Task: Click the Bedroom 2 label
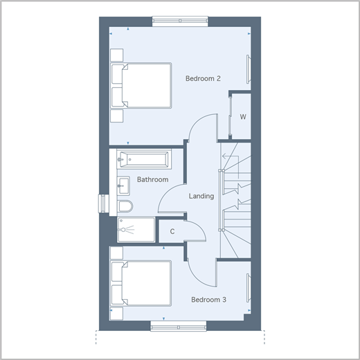coord(203,78)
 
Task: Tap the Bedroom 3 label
coord(208,300)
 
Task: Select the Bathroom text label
coord(152,179)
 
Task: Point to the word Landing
coord(201,196)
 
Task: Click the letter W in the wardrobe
coord(243,117)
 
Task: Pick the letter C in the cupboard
coord(172,231)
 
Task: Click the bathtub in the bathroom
coord(144,159)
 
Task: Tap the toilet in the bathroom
coord(125,206)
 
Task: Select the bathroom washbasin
coord(123,186)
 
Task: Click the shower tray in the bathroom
coord(136,230)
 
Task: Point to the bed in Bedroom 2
coord(141,85)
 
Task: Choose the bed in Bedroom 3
coord(141,283)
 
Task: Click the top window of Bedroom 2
coord(180,21)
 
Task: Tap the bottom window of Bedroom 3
coord(179,327)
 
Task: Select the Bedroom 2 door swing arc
coord(197,120)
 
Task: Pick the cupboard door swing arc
coord(199,227)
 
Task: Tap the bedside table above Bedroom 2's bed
coord(117,55)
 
